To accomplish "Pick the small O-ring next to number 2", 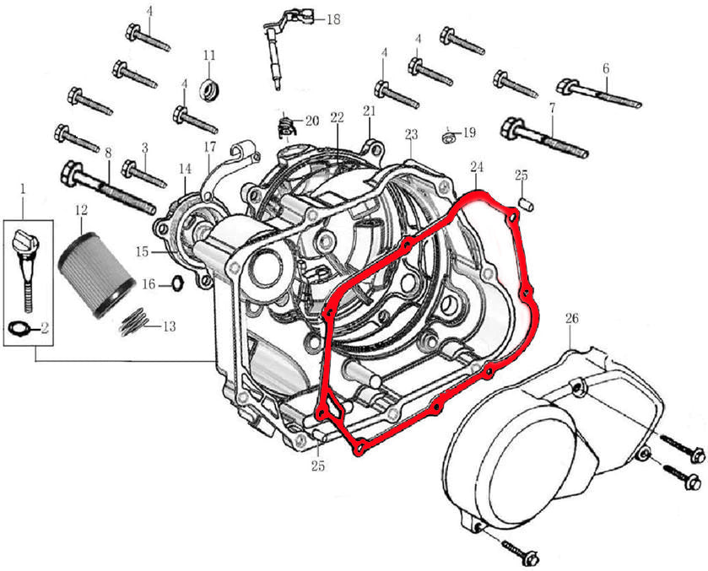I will [23, 327].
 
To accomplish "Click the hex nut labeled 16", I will [177, 283].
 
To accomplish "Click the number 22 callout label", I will [338, 116].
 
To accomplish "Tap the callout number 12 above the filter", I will [81, 208].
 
